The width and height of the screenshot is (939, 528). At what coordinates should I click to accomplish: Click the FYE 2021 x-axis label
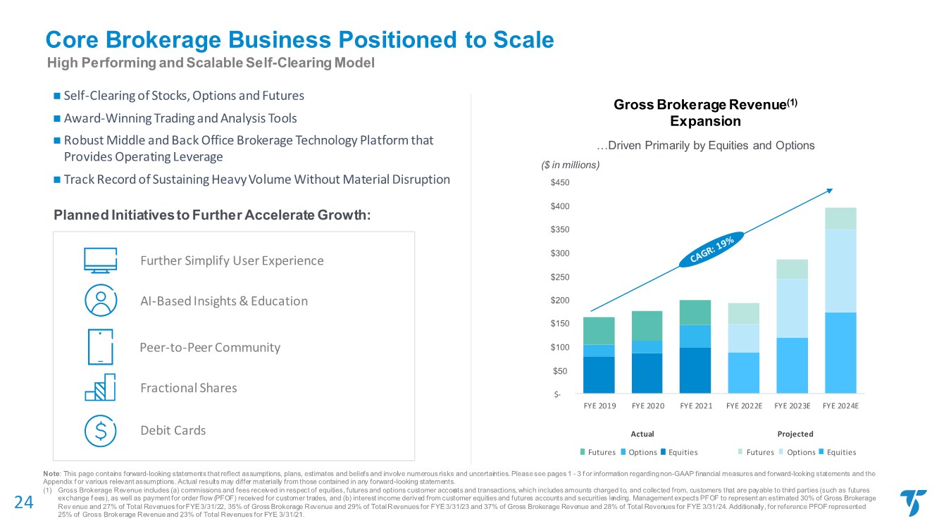coord(695,406)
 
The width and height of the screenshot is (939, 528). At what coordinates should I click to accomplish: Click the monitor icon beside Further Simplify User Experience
coord(100,260)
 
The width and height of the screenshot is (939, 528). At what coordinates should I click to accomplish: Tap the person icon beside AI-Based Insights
coord(100,301)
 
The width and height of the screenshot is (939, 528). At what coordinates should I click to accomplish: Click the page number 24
coord(24,501)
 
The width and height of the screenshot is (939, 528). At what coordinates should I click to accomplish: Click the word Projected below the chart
coord(796,434)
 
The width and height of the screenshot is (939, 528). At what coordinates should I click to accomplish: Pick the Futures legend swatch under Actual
coord(583,452)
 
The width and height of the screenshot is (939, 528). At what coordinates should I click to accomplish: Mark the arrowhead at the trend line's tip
coord(831,189)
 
